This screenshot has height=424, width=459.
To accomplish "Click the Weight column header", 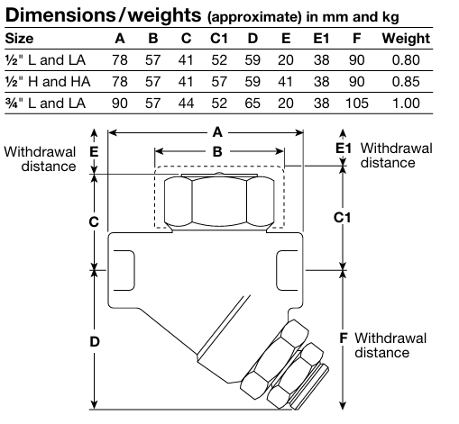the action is [406, 39].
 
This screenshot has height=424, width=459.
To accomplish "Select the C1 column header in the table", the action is [219, 39].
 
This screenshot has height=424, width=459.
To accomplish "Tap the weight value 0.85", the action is [406, 82].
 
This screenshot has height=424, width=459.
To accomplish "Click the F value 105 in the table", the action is [357, 104].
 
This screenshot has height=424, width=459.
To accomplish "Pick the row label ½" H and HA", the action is [48, 82].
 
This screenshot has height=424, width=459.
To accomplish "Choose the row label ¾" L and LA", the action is [45, 104].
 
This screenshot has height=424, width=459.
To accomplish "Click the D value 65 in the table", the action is [252, 104].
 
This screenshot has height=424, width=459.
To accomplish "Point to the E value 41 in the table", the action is [285, 82].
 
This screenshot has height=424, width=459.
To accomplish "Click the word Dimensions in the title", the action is [60, 15].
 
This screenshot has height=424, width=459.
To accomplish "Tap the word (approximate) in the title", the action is [254, 17].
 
